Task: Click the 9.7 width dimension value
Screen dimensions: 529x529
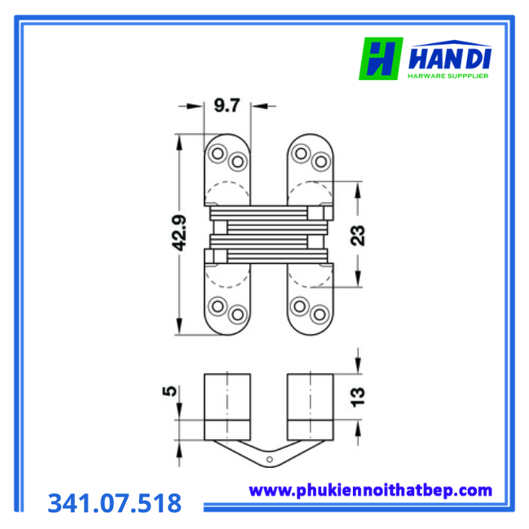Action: [x=227, y=105]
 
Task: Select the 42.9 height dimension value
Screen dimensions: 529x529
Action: [x=179, y=233]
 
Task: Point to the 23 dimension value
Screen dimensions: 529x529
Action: [x=358, y=235]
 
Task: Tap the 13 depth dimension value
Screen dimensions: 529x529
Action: [x=358, y=397]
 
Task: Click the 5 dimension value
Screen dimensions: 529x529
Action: [x=170, y=391]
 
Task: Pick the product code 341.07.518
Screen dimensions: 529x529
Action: [x=115, y=503]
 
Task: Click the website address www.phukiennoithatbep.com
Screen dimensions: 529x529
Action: [x=370, y=490]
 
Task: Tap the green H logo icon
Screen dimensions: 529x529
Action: [x=381, y=58]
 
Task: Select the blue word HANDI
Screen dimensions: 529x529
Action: [x=450, y=59]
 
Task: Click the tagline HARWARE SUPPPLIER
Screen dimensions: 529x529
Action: [x=448, y=76]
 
